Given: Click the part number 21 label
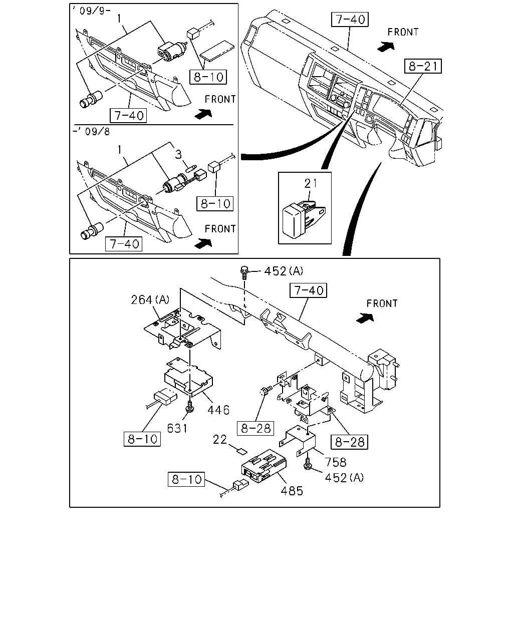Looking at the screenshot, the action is [310, 183].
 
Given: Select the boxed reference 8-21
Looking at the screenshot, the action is [423, 66].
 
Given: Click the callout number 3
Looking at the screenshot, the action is [178, 155].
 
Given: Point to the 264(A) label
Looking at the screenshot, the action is [150, 299].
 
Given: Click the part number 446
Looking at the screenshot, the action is [218, 410].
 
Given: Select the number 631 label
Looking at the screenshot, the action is [177, 428].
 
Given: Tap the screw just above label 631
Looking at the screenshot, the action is [189, 406].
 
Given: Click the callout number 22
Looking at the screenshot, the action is [220, 440].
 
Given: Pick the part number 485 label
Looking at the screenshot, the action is [292, 491].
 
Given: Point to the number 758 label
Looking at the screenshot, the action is [336, 462].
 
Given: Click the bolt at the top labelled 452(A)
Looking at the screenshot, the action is [244, 272].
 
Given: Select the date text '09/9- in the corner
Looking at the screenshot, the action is [92, 11].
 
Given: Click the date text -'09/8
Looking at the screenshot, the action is [91, 131].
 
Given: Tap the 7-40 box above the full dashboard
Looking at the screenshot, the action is [350, 20].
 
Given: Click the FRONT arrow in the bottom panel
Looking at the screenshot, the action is [365, 318].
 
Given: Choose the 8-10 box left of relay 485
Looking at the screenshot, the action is [186, 479].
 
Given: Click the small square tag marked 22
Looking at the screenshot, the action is [242, 452].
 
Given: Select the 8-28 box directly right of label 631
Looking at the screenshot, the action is [255, 428].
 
